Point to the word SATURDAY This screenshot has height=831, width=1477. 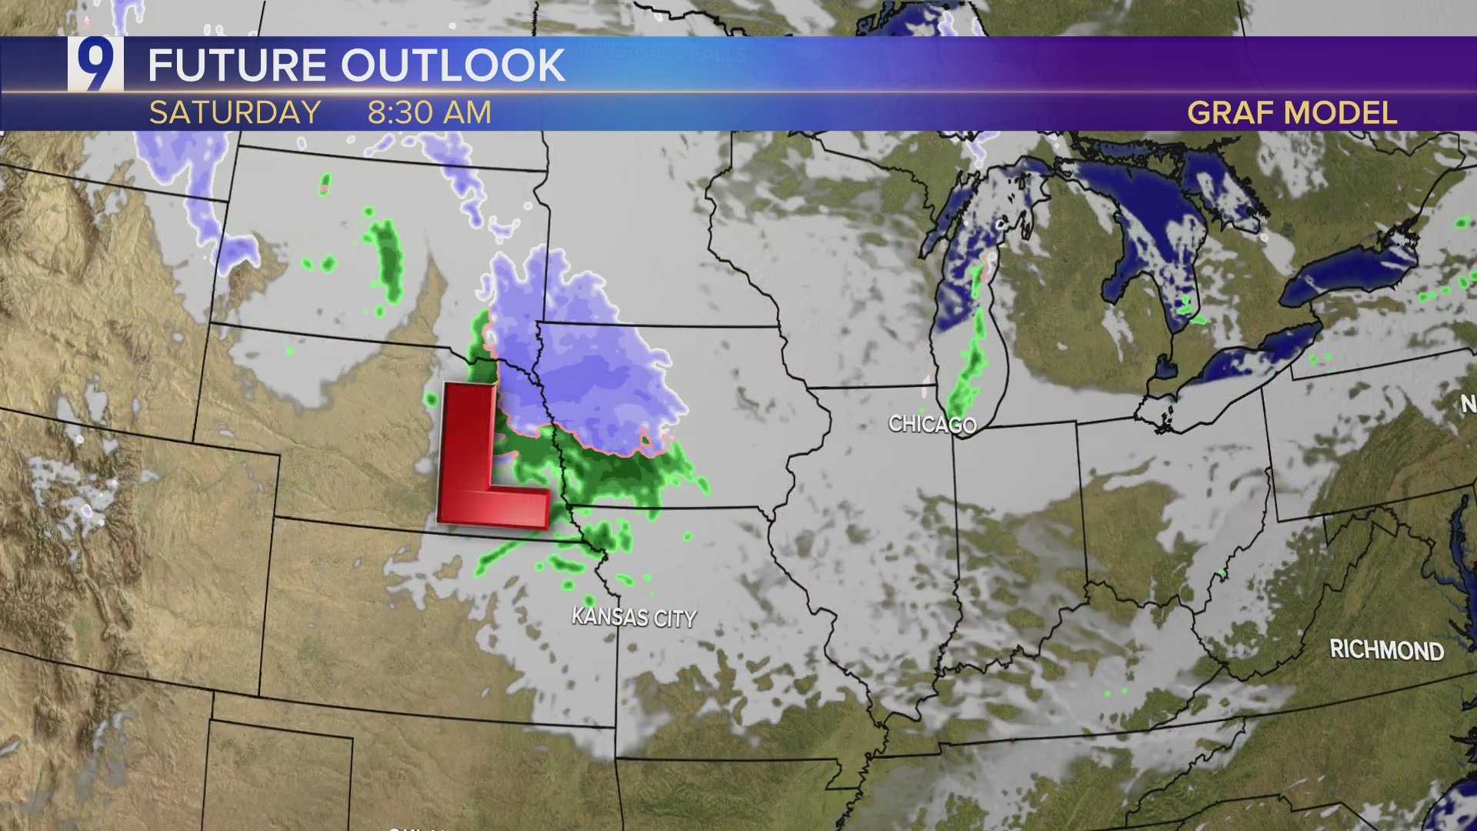[235, 112]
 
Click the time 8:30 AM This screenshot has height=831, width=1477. [429, 112]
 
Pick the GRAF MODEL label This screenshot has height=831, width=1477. [1292, 113]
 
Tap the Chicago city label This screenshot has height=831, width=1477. [932, 424]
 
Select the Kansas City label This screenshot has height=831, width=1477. [634, 617]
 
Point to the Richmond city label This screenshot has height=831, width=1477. [1386, 649]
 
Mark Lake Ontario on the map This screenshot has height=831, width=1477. [1354, 269]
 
